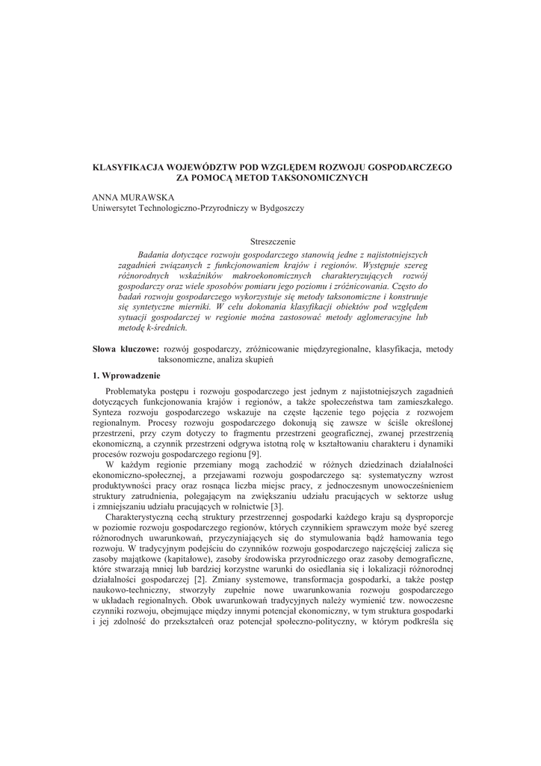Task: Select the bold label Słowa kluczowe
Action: pyautogui.click(x=125, y=349)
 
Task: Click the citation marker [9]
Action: pyautogui.click(x=254, y=454)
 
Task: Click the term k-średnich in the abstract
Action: pyautogui.click(x=162, y=327)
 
